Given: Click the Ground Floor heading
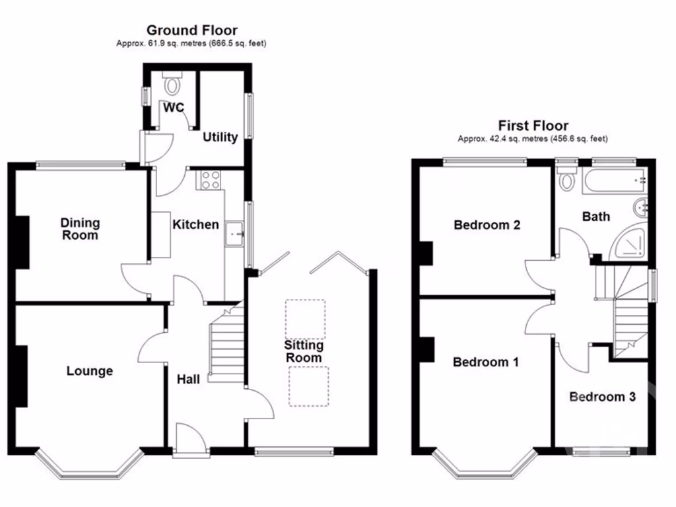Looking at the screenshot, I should click(x=191, y=30).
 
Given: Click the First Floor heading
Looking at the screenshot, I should click(x=533, y=125).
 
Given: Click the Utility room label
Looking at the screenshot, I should click(x=220, y=137).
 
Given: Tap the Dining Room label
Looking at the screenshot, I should click(x=79, y=229).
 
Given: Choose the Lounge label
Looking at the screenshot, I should click(x=89, y=371).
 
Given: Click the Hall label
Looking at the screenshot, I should click(x=188, y=379).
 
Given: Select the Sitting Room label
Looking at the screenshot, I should click(x=304, y=351).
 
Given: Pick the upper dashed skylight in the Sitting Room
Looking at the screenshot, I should click(x=304, y=318).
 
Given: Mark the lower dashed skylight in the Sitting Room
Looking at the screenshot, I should click(x=308, y=386).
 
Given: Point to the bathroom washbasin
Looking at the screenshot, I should click(x=641, y=208).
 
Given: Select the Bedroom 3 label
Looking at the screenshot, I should click(x=603, y=397).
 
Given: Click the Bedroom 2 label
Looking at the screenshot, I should click(x=487, y=225).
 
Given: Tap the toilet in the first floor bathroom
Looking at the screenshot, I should click(x=566, y=178).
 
